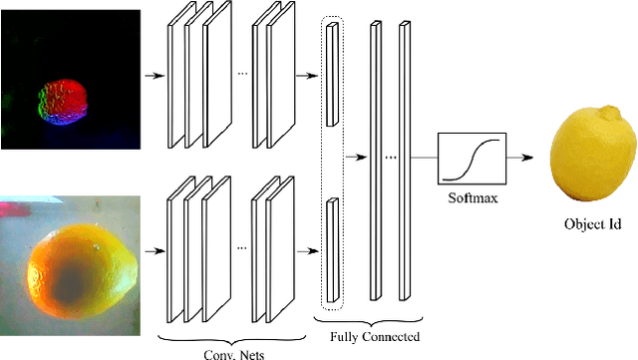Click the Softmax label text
click(x=473, y=197)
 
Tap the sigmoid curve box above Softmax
click(x=472, y=159)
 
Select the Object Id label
click(x=593, y=224)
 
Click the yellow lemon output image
click(x=593, y=154)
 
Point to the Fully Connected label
click(x=375, y=337)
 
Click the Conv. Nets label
click(x=234, y=354)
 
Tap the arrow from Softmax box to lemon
click(x=519, y=158)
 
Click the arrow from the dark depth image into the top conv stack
click(x=155, y=76)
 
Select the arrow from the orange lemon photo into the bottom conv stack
click(x=156, y=251)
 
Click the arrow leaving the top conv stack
click(x=307, y=76)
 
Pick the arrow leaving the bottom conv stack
click(x=308, y=251)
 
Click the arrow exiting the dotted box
click(x=356, y=158)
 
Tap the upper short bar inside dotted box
click(x=332, y=74)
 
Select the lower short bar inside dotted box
click(x=333, y=250)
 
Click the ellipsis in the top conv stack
click(x=242, y=74)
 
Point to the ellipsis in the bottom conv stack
click(x=242, y=247)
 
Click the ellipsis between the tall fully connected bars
click(x=391, y=158)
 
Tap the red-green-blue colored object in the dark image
click(x=63, y=102)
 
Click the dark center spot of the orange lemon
click(x=70, y=281)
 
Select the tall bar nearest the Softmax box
click(x=405, y=161)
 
